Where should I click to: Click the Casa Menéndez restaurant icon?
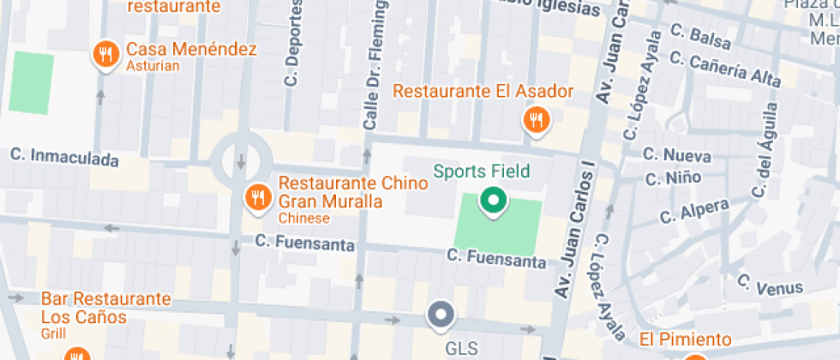[x=105, y=57]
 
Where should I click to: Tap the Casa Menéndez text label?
[x=191, y=49]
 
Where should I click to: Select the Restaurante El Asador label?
[x=483, y=91]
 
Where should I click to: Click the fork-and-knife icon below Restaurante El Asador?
[x=537, y=120]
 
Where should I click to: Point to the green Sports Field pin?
[x=493, y=201]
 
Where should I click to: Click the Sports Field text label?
[x=481, y=171]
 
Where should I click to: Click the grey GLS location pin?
[x=441, y=315]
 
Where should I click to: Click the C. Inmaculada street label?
[x=63, y=156]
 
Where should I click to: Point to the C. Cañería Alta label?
[x=724, y=68]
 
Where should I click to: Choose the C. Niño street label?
[x=672, y=178]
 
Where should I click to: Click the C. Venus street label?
[x=769, y=285]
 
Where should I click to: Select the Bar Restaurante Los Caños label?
[x=106, y=308]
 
